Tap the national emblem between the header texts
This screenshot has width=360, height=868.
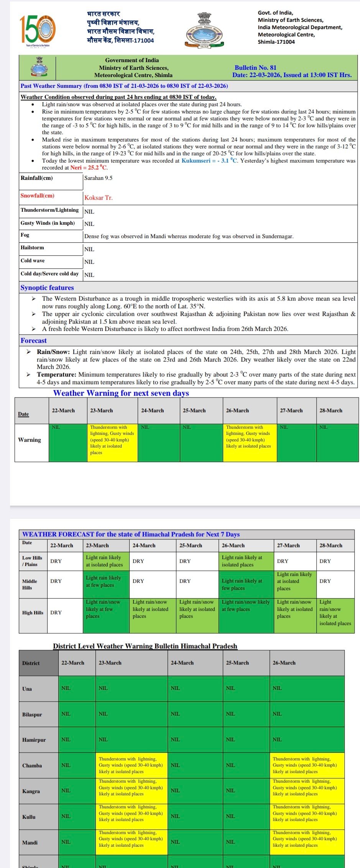click(x=204, y=30)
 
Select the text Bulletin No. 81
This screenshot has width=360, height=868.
click(x=255, y=67)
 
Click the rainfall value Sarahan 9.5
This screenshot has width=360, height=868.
click(x=98, y=178)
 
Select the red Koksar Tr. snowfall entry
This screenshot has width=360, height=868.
click(x=99, y=198)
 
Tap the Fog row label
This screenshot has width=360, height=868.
click(x=25, y=235)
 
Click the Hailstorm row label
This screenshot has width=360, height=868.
click(x=32, y=248)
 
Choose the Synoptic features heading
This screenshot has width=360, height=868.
click(x=47, y=288)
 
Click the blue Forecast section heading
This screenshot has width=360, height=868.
click(x=34, y=340)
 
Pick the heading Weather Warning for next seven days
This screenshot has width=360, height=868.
click(x=121, y=393)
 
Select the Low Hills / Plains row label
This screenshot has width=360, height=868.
click(x=32, y=561)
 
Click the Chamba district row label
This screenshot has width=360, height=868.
click(x=32, y=765)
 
